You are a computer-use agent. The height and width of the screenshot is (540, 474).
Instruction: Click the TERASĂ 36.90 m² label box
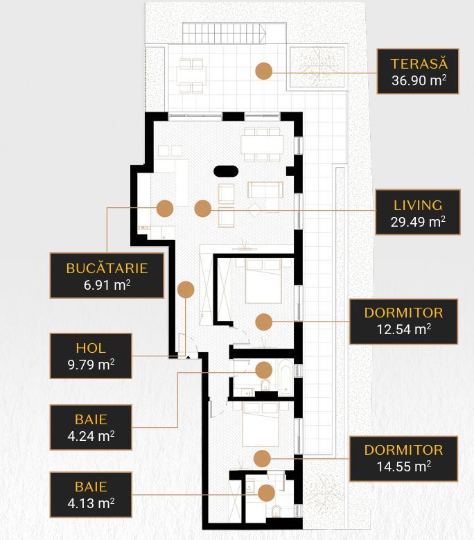(418, 71)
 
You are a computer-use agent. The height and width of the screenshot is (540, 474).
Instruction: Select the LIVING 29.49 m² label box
(418, 213)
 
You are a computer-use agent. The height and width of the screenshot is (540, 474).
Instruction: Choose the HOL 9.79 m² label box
(90, 356)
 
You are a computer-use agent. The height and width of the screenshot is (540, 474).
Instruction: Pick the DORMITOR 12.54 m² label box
(403, 321)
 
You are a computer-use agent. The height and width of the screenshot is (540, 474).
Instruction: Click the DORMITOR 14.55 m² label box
(403, 458)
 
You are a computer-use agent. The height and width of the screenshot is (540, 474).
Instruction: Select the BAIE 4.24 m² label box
(90, 427)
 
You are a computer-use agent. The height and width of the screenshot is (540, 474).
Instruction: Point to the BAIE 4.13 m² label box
(90, 494)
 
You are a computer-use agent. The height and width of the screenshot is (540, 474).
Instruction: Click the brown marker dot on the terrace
(263, 70)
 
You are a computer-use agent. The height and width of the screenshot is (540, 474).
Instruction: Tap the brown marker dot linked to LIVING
(202, 207)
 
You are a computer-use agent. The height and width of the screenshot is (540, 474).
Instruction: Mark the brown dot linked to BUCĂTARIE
(164, 207)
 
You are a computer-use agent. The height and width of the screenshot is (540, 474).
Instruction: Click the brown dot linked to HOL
(185, 289)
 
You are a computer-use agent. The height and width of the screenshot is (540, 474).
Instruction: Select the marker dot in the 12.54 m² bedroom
(263, 321)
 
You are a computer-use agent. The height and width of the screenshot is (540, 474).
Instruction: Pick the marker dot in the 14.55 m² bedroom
(261, 458)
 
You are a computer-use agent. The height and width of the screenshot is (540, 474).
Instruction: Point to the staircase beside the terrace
(225, 33)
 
